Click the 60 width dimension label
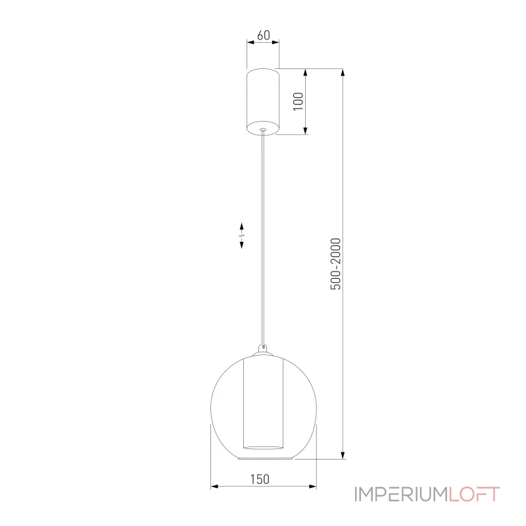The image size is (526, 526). point(264,36)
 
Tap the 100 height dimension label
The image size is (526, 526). point(299,101)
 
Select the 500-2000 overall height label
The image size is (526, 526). point(335,264)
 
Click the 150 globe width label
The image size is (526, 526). point(260,479)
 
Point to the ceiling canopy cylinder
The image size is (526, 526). point(263,102)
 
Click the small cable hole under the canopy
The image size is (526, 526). point(262,130)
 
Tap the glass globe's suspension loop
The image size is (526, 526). point(264,348)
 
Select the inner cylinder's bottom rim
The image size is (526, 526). point(263,447)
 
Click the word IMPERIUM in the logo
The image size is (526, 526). point(401,494)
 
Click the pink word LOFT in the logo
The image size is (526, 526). point(473,494)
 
